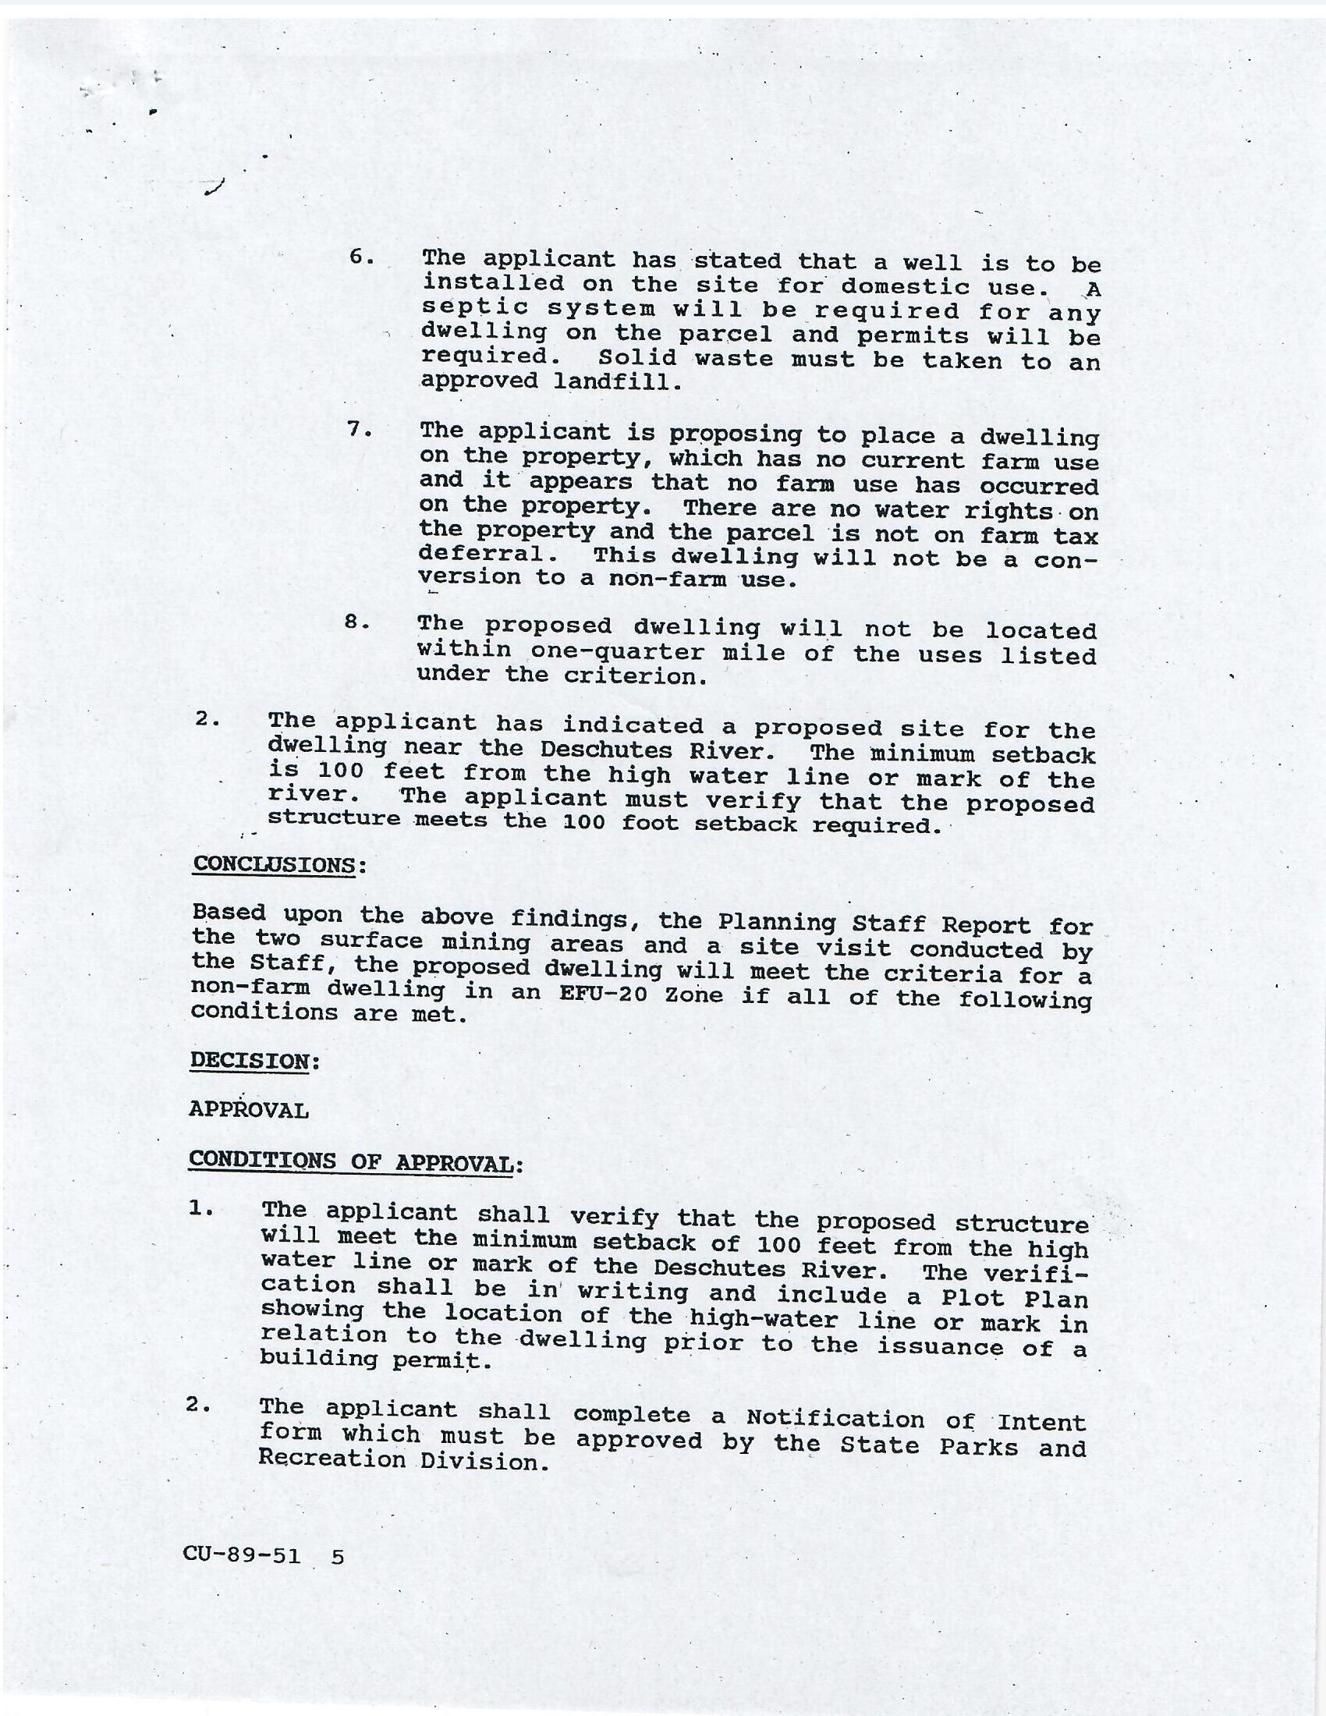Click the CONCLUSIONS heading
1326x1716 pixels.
point(274,864)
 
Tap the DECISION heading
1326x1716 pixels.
point(249,1060)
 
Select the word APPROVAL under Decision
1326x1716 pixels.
point(248,1110)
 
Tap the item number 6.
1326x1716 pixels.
point(360,257)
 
